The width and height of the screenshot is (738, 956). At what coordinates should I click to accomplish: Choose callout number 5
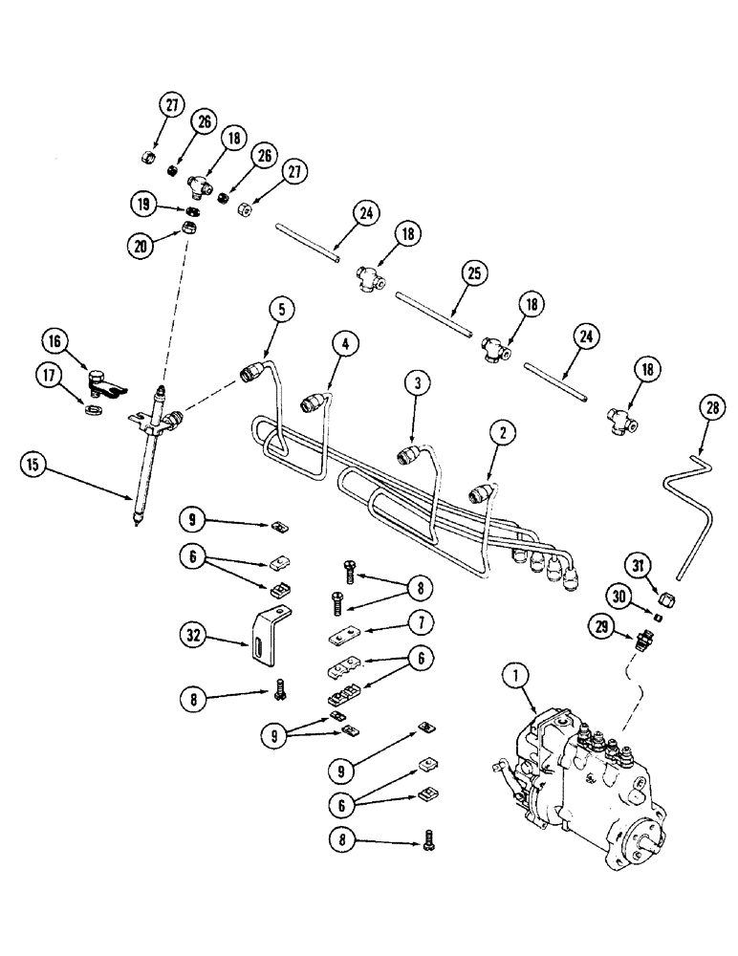point(281,309)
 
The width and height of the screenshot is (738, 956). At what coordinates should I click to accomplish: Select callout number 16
point(54,340)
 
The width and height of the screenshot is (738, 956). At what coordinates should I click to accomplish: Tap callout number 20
point(140,245)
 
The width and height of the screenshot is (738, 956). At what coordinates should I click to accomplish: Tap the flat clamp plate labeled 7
point(342,639)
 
